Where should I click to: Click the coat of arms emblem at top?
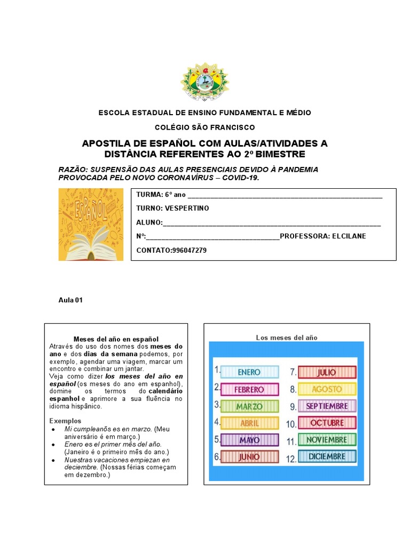click(204, 82)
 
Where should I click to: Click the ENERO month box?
click(249, 372)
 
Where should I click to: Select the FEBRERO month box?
click(249, 389)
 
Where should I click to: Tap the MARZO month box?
click(249, 406)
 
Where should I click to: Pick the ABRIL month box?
click(249, 423)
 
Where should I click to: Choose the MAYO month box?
click(249, 440)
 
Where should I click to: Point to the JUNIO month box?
click(249, 457)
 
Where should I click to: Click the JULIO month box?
click(327, 372)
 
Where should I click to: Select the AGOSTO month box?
click(327, 389)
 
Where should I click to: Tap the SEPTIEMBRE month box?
click(327, 406)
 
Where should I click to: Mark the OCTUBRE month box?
click(327, 423)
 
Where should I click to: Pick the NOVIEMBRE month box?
click(327, 440)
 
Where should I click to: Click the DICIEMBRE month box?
click(327, 457)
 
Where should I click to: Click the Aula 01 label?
click(70, 300)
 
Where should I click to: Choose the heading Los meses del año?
click(287, 338)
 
